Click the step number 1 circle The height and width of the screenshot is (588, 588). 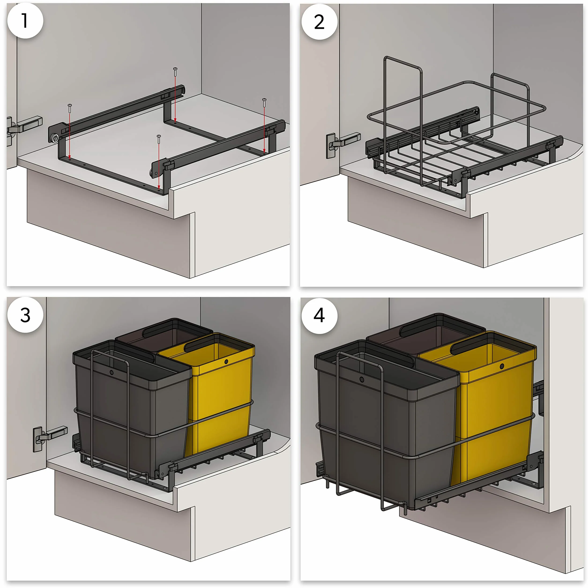click(x=25, y=21)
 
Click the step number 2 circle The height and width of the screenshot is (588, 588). click(x=319, y=22)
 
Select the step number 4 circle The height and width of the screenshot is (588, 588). click(x=319, y=316)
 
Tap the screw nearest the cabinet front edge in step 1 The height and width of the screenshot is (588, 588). click(x=159, y=139)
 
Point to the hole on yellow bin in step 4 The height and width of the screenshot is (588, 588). click(x=502, y=366)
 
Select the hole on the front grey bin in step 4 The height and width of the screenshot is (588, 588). click(x=361, y=380)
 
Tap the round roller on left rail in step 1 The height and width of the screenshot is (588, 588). click(x=55, y=138)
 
